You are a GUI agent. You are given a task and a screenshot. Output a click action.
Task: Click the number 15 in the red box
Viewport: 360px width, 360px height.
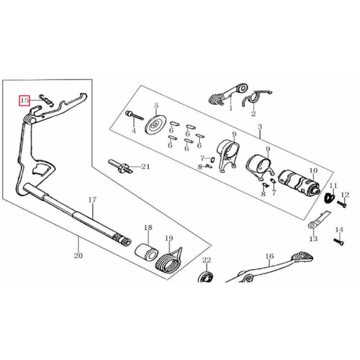[x=25, y=101]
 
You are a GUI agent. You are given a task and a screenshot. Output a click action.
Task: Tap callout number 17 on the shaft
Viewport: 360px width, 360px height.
[x=91, y=200]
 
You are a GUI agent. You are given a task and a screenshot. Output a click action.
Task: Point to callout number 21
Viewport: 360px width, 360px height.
[x=146, y=167]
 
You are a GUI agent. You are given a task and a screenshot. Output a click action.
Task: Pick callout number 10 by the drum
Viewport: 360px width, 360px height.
[x=313, y=170]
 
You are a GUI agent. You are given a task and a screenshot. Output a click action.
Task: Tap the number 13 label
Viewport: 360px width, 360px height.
[x=313, y=238]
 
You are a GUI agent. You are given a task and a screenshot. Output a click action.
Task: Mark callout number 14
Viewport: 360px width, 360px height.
[x=338, y=230]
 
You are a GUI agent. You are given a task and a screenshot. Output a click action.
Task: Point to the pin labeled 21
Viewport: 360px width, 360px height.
[x=121, y=167]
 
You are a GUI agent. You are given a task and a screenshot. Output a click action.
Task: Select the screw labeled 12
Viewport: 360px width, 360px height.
[x=341, y=204]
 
